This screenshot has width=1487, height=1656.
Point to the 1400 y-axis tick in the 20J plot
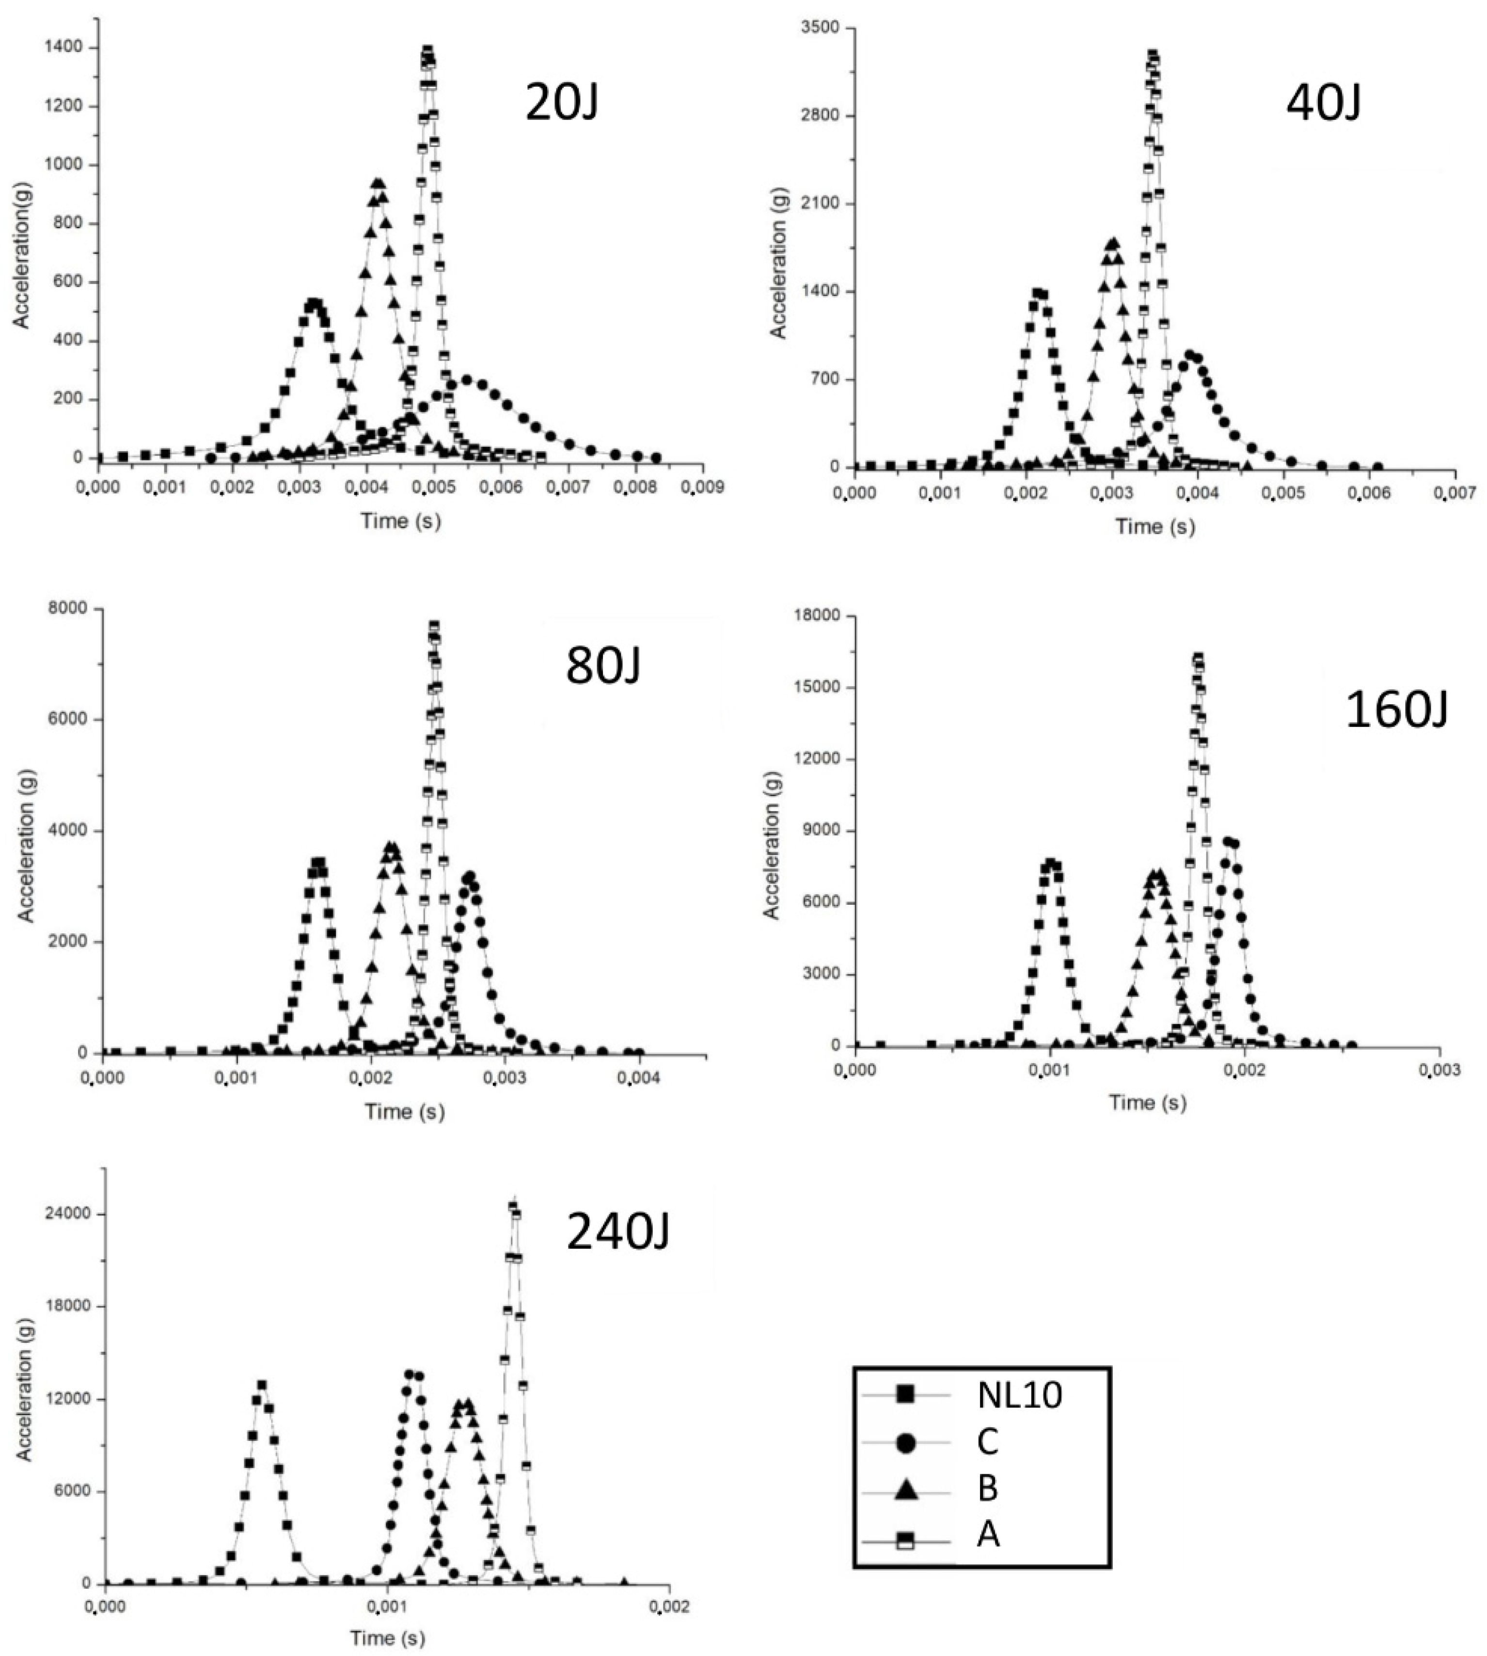(63, 47)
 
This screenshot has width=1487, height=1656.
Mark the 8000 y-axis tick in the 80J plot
(74, 609)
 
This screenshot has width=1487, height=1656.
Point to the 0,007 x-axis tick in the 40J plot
(1455, 493)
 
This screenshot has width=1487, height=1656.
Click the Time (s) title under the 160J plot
(1147, 1102)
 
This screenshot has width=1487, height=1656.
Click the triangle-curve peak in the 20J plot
(378, 184)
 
